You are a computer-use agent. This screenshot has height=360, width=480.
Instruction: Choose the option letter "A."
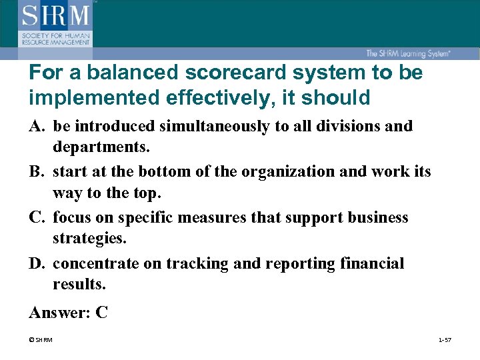point(37,126)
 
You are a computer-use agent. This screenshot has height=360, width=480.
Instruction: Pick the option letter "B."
point(37,172)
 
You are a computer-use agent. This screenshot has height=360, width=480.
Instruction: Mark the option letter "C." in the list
point(37,218)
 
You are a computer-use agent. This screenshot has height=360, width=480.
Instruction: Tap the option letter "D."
point(37,264)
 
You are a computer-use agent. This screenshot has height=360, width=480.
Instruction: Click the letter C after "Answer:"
point(102,312)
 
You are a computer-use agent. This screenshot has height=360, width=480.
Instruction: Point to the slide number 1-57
point(445,341)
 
